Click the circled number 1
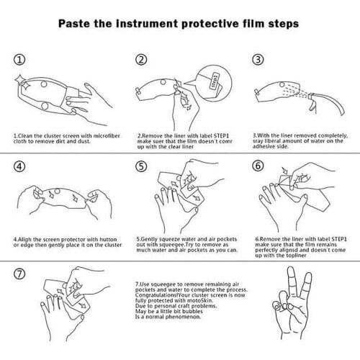[x=19, y=60]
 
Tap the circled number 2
[x=141, y=60]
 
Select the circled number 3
[x=258, y=59]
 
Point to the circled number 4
[x=19, y=166]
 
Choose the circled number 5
[x=141, y=166]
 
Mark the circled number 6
[x=258, y=166]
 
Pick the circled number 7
[x=19, y=274]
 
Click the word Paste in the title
[x=74, y=24]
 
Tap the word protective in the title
[x=210, y=24]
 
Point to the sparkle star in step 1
[x=19, y=79]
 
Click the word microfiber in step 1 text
[x=107, y=136]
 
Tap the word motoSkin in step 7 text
[x=202, y=300]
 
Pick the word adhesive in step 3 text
[x=264, y=146]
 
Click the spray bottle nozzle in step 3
[x=311, y=96]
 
